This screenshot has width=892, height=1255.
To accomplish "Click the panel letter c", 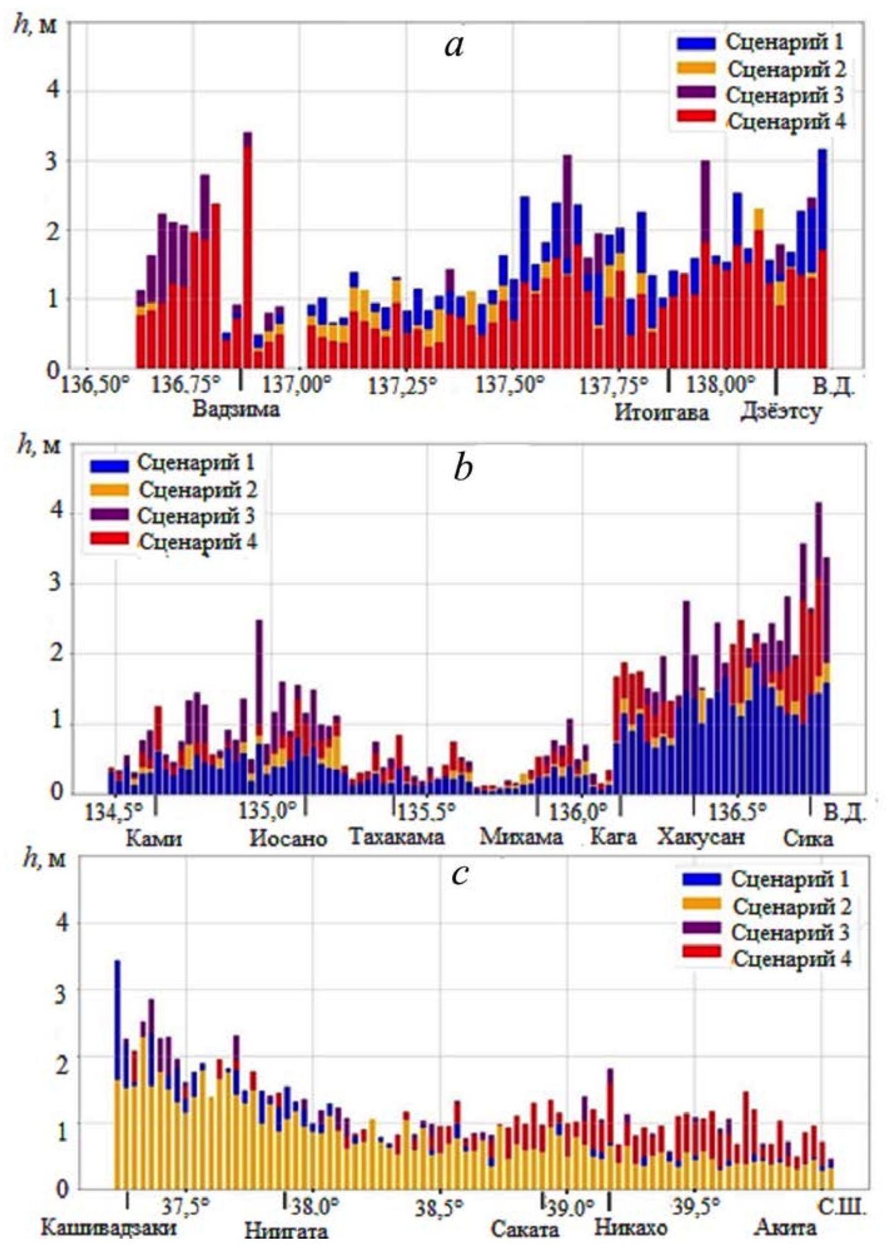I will tap(461, 875).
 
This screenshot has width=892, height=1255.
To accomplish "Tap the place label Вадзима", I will tap(236, 410).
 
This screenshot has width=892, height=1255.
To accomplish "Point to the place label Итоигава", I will tap(661, 413).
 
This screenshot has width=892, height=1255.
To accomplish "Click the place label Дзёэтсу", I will tap(781, 413).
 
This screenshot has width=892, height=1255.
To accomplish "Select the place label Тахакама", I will tap(396, 837).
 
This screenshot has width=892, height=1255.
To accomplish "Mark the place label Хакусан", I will tap(701, 837).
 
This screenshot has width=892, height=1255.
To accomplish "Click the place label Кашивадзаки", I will tap(109, 1227).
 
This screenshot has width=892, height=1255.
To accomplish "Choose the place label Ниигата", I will tap(286, 1231).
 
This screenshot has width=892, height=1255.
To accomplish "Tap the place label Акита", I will tap(786, 1227).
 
